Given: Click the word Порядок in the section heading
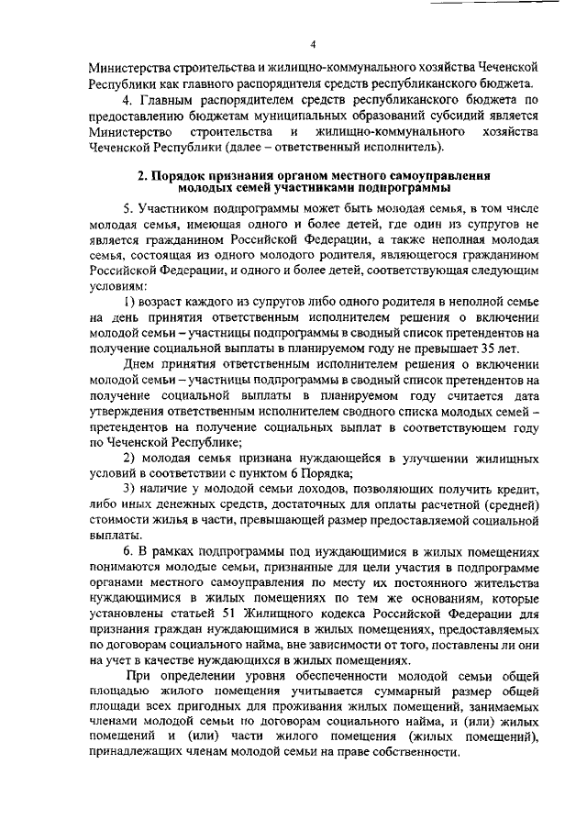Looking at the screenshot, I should (178, 173).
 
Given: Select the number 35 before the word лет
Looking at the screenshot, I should (493, 349).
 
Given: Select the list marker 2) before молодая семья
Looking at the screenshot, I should (130, 459).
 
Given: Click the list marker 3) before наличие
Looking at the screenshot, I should (130, 492).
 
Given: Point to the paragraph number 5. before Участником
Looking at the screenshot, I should (128, 209).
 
